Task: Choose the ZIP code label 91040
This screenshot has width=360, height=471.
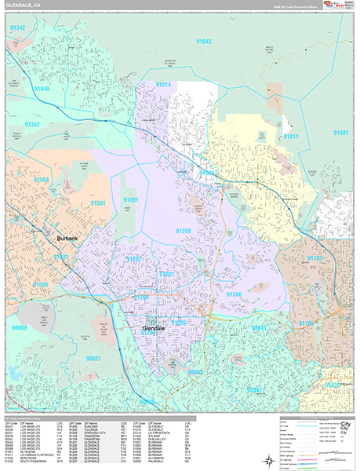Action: click(x=42, y=89)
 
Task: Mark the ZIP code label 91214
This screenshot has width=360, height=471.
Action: click(x=163, y=84)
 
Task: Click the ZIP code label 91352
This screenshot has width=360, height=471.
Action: click(x=32, y=125)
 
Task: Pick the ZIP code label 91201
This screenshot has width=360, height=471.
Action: click(x=130, y=200)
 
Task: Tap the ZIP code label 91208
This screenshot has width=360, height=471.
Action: click(x=183, y=231)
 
